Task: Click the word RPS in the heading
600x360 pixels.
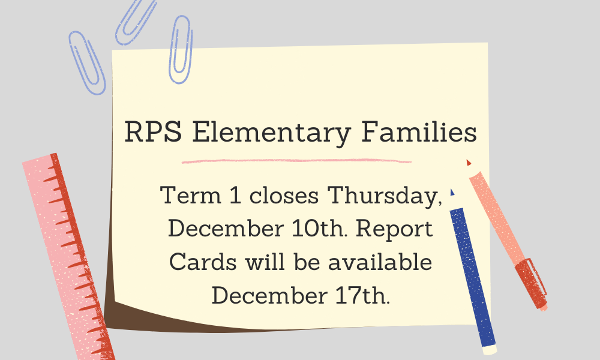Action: (x=153, y=131)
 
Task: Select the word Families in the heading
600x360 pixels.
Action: (x=419, y=131)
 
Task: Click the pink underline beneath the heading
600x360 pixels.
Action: (x=296, y=161)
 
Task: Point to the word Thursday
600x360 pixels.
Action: (x=385, y=196)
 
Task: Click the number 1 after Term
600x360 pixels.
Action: (x=235, y=195)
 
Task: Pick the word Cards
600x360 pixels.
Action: (x=203, y=262)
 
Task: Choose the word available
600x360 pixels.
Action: (x=380, y=262)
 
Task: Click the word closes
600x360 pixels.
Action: (x=284, y=195)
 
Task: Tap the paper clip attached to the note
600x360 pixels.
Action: (x=180, y=50)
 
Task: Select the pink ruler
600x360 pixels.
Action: (x=69, y=256)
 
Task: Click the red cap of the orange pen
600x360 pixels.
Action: (x=531, y=283)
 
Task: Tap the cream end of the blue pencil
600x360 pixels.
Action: (x=490, y=350)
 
